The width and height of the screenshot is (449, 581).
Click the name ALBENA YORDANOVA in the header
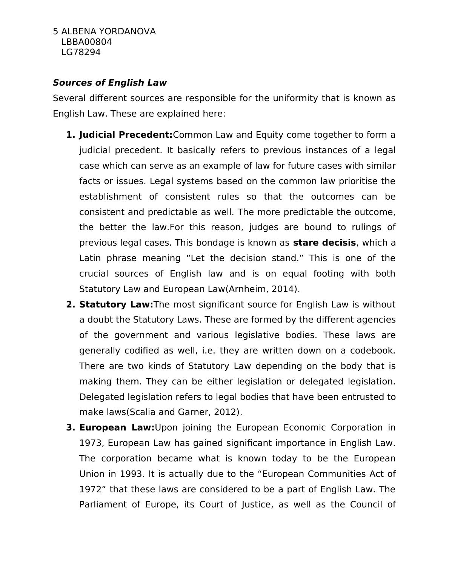(108, 31)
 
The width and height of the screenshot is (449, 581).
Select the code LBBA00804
(86, 42)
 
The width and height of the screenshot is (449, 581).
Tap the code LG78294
(81, 52)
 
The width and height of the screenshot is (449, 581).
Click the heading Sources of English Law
(109, 83)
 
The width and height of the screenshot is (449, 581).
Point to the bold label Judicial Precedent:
(126, 135)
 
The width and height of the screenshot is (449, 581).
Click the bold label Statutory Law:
(116, 304)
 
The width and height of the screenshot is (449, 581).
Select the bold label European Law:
(117, 427)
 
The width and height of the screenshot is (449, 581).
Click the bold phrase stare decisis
(324, 243)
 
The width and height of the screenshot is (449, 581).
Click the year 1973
(91, 443)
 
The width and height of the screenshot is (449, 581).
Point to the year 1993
(131, 474)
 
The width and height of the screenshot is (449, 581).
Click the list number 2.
(71, 304)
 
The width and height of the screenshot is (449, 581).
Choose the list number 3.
(71, 427)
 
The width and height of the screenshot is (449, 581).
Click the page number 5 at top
(55, 31)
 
